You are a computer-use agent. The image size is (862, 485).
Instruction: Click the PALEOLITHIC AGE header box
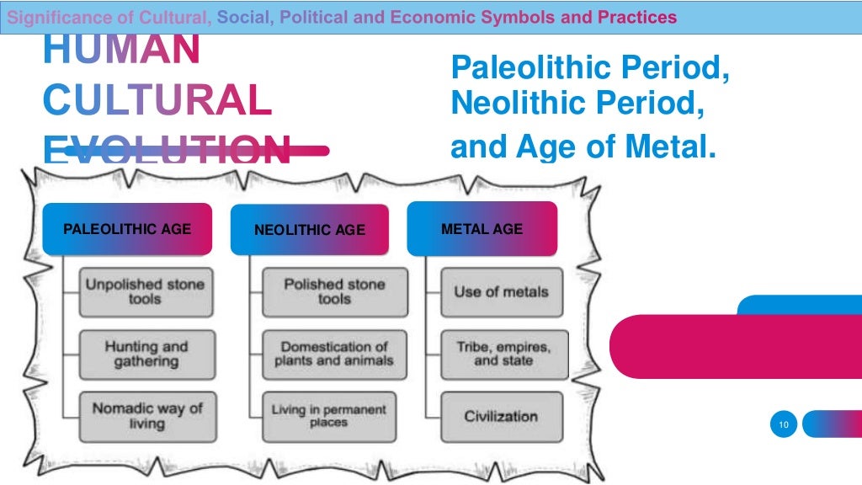coord(127,228)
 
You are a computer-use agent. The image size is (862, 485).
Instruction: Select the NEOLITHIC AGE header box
coord(310,229)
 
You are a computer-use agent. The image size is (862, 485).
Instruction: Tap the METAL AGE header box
coord(482,228)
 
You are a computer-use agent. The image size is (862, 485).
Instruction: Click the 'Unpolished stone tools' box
coord(145,291)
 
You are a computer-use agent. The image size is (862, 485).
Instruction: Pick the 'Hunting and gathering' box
coord(146,354)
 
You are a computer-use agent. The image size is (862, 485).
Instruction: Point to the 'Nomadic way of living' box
coord(146,415)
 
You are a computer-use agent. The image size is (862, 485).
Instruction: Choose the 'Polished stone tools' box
coord(334,291)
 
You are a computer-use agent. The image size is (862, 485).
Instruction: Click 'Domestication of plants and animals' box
coord(333,354)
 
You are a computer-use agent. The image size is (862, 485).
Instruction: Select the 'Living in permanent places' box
coord(328,416)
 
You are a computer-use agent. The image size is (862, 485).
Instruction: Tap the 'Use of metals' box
coord(501,291)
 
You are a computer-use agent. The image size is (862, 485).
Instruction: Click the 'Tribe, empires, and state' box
coord(503,354)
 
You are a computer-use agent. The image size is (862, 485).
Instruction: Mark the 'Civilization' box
coord(501,416)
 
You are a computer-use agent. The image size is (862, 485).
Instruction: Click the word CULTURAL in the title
coord(157,101)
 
